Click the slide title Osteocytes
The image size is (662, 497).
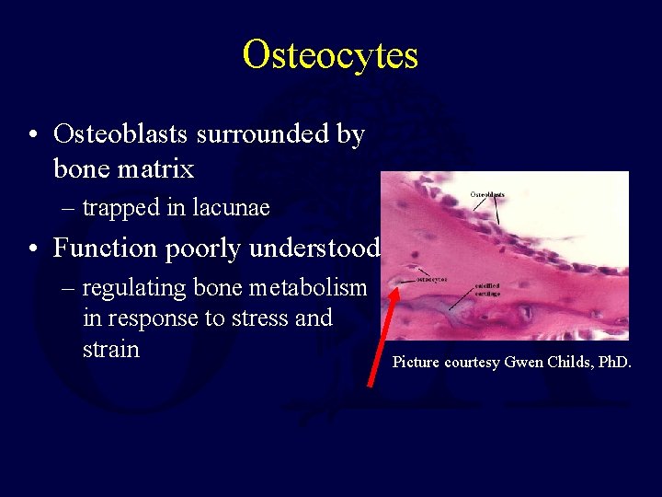[x=330, y=55]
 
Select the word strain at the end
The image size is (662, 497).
[x=111, y=350]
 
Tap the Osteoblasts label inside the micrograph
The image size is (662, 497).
[x=487, y=194]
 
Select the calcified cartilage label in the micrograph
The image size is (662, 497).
[x=488, y=289]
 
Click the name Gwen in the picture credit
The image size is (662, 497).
[x=524, y=362]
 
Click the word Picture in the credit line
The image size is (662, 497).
[x=417, y=362]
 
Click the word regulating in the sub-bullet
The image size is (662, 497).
[x=135, y=288]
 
